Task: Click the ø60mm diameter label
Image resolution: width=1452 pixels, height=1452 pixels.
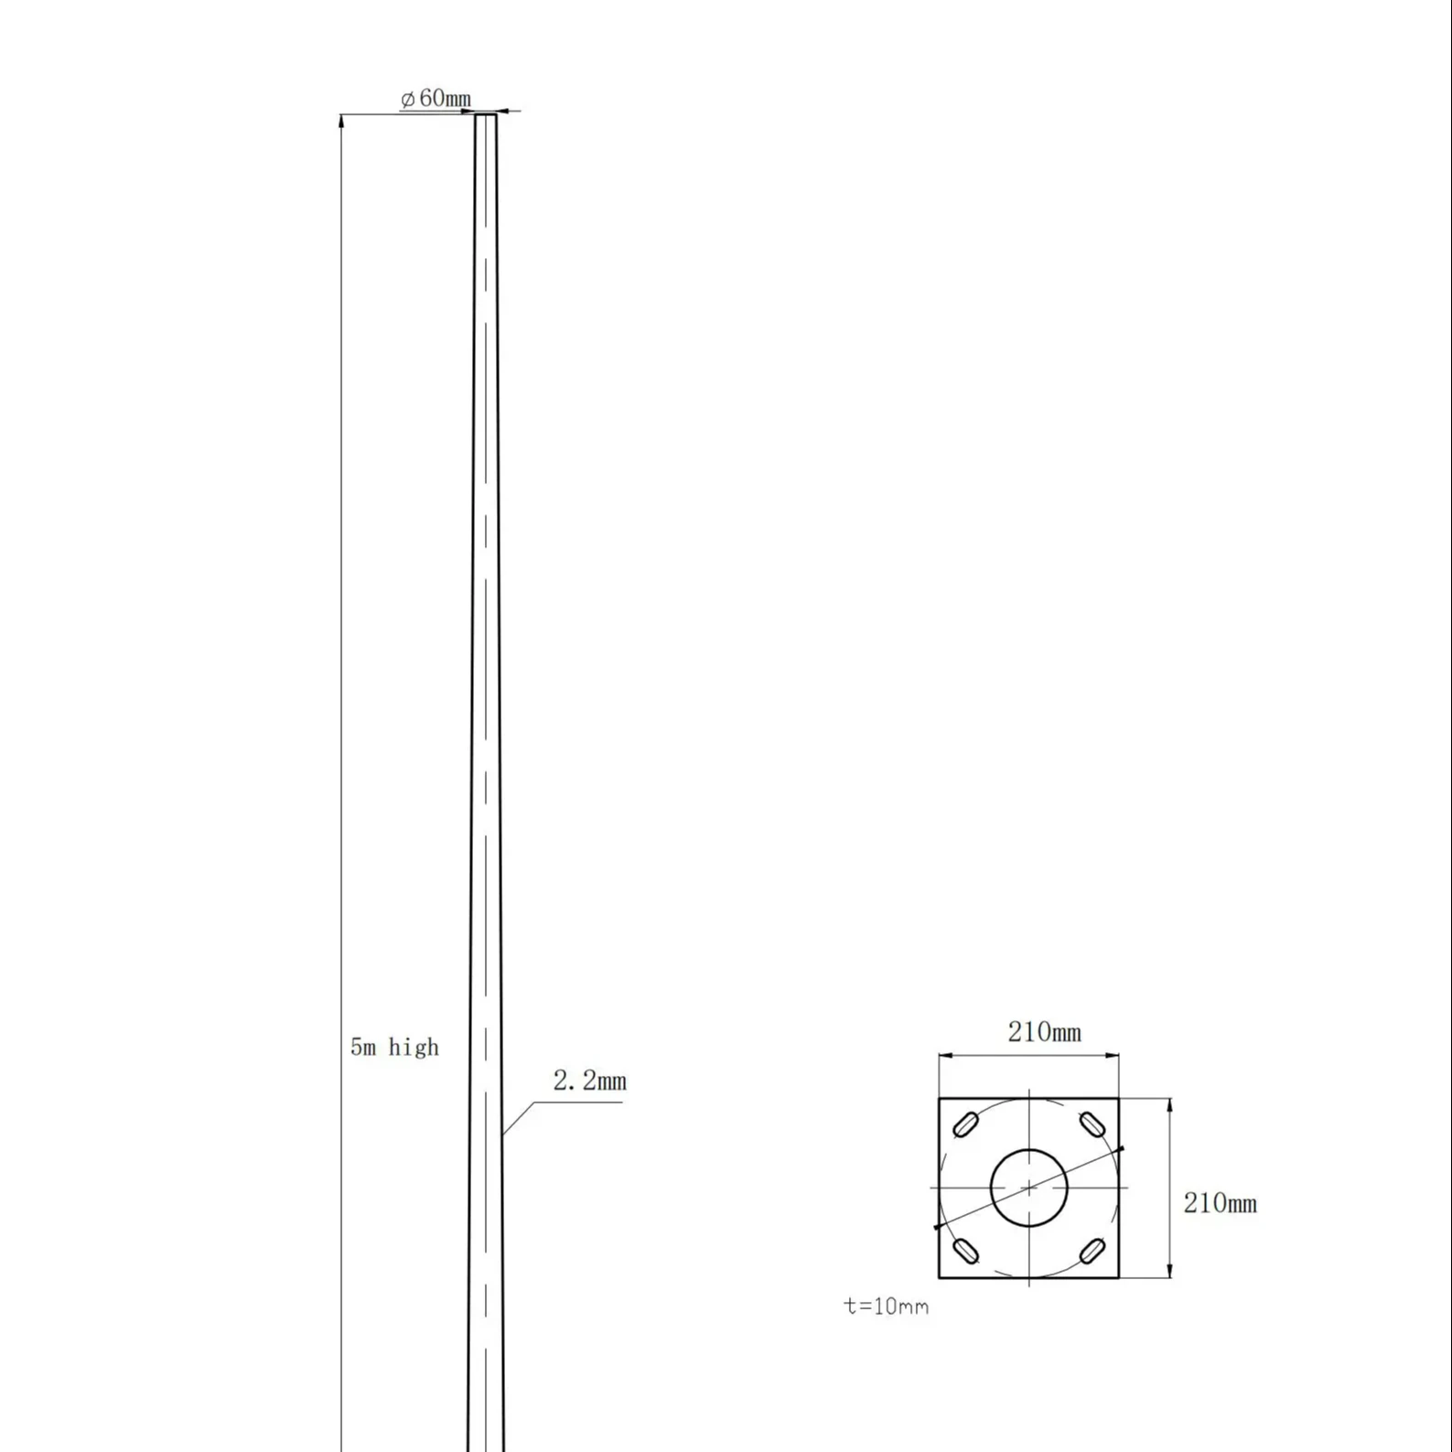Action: pyautogui.click(x=436, y=99)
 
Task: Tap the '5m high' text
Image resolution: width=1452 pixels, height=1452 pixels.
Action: pyautogui.click(x=394, y=1047)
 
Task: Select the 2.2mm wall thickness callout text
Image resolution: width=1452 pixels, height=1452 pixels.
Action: pyautogui.click(x=589, y=1081)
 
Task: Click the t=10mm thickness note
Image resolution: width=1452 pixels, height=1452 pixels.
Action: pyautogui.click(x=886, y=1307)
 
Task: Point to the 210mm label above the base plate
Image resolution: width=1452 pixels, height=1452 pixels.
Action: pyautogui.click(x=1044, y=1032)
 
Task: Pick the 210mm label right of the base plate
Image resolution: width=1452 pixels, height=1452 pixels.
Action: pyautogui.click(x=1220, y=1203)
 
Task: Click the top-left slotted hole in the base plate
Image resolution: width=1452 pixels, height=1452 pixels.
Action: pyautogui.click(x=965, y=1124)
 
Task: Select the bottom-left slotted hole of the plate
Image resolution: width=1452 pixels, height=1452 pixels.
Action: pyautogui.click(x=965, y=1251)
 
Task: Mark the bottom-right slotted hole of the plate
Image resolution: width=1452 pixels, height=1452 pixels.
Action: pyautogui.click(x=1092, y=1251)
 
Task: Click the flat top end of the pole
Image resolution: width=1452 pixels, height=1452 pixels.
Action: pyautogui.click(x=486, y=115)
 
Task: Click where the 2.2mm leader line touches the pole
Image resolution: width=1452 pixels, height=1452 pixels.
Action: pyautogui.click(x=501, y=1135)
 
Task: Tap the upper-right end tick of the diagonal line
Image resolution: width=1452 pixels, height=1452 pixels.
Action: pyautogui.click(x=1122, y=1147)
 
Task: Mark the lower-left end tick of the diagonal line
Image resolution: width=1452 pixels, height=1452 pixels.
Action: pyautogui.click(x=936, y=1227)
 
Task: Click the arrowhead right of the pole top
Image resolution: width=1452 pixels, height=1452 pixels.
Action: pyautogui.click(x=504, y=112)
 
